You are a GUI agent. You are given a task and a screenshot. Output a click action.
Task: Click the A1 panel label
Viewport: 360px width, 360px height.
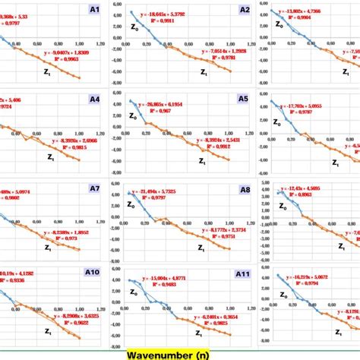pos(93,10)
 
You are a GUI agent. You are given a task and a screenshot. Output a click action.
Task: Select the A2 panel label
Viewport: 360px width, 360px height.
pos(245,10)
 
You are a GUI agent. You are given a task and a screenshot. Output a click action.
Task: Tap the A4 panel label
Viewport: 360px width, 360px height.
pos(93,99)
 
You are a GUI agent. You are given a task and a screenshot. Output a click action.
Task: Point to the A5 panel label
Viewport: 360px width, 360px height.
pos(243,99)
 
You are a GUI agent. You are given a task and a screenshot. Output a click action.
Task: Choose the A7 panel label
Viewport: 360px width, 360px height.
pos(93,188)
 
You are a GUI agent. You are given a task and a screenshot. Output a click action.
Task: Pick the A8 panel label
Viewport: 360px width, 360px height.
pos(245,190)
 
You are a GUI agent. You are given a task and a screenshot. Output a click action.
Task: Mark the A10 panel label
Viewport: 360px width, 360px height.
pos(91,273)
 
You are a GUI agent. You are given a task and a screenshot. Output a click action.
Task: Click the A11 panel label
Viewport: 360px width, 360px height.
pos(242,273)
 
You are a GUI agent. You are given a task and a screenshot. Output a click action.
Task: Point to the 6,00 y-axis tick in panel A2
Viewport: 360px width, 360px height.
pos(117,4)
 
